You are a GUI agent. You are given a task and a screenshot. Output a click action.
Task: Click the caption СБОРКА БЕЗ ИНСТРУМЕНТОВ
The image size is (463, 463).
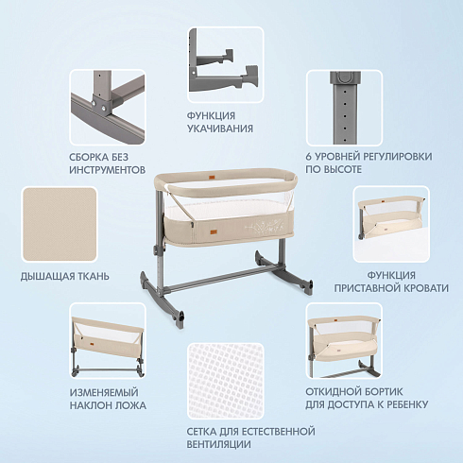[107, 163]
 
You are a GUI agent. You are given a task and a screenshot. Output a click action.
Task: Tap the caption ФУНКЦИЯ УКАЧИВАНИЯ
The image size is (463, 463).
[220, 122]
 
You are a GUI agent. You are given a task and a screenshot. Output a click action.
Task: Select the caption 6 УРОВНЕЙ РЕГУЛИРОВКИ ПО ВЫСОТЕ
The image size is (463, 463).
[369, 163]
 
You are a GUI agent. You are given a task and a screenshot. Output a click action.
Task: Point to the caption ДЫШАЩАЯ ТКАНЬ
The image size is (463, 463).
[65, 277]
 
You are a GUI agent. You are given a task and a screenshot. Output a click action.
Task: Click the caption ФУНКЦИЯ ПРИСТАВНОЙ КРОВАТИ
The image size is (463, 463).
[391, 282]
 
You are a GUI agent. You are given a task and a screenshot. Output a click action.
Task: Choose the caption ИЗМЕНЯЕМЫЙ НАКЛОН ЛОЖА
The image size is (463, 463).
[108, 399]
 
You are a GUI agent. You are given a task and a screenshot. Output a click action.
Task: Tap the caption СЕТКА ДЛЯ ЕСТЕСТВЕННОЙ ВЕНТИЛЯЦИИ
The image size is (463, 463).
[250, 437]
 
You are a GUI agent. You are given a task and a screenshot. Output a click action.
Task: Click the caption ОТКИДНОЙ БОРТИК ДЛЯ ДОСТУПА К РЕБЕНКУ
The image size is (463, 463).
[367, 398]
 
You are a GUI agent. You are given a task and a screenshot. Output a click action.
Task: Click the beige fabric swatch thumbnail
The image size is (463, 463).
[60, 225]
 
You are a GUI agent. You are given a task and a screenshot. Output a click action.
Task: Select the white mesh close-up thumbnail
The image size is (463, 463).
[226, 381]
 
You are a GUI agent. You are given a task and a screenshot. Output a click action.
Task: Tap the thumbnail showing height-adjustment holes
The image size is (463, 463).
[344, 108]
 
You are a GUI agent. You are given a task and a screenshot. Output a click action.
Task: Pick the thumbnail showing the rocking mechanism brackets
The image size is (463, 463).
[226, 64]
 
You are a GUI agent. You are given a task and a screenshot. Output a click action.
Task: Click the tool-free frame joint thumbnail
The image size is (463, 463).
[108, 107]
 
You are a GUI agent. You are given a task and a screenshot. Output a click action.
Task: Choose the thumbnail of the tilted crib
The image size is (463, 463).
[108, 341]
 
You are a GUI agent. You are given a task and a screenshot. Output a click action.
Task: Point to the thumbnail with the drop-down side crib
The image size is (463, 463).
[344, 341]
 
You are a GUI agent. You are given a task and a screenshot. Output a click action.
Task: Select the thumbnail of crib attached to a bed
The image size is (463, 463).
[391, 224]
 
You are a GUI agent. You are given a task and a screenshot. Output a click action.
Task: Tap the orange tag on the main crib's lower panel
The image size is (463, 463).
[214, 232]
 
